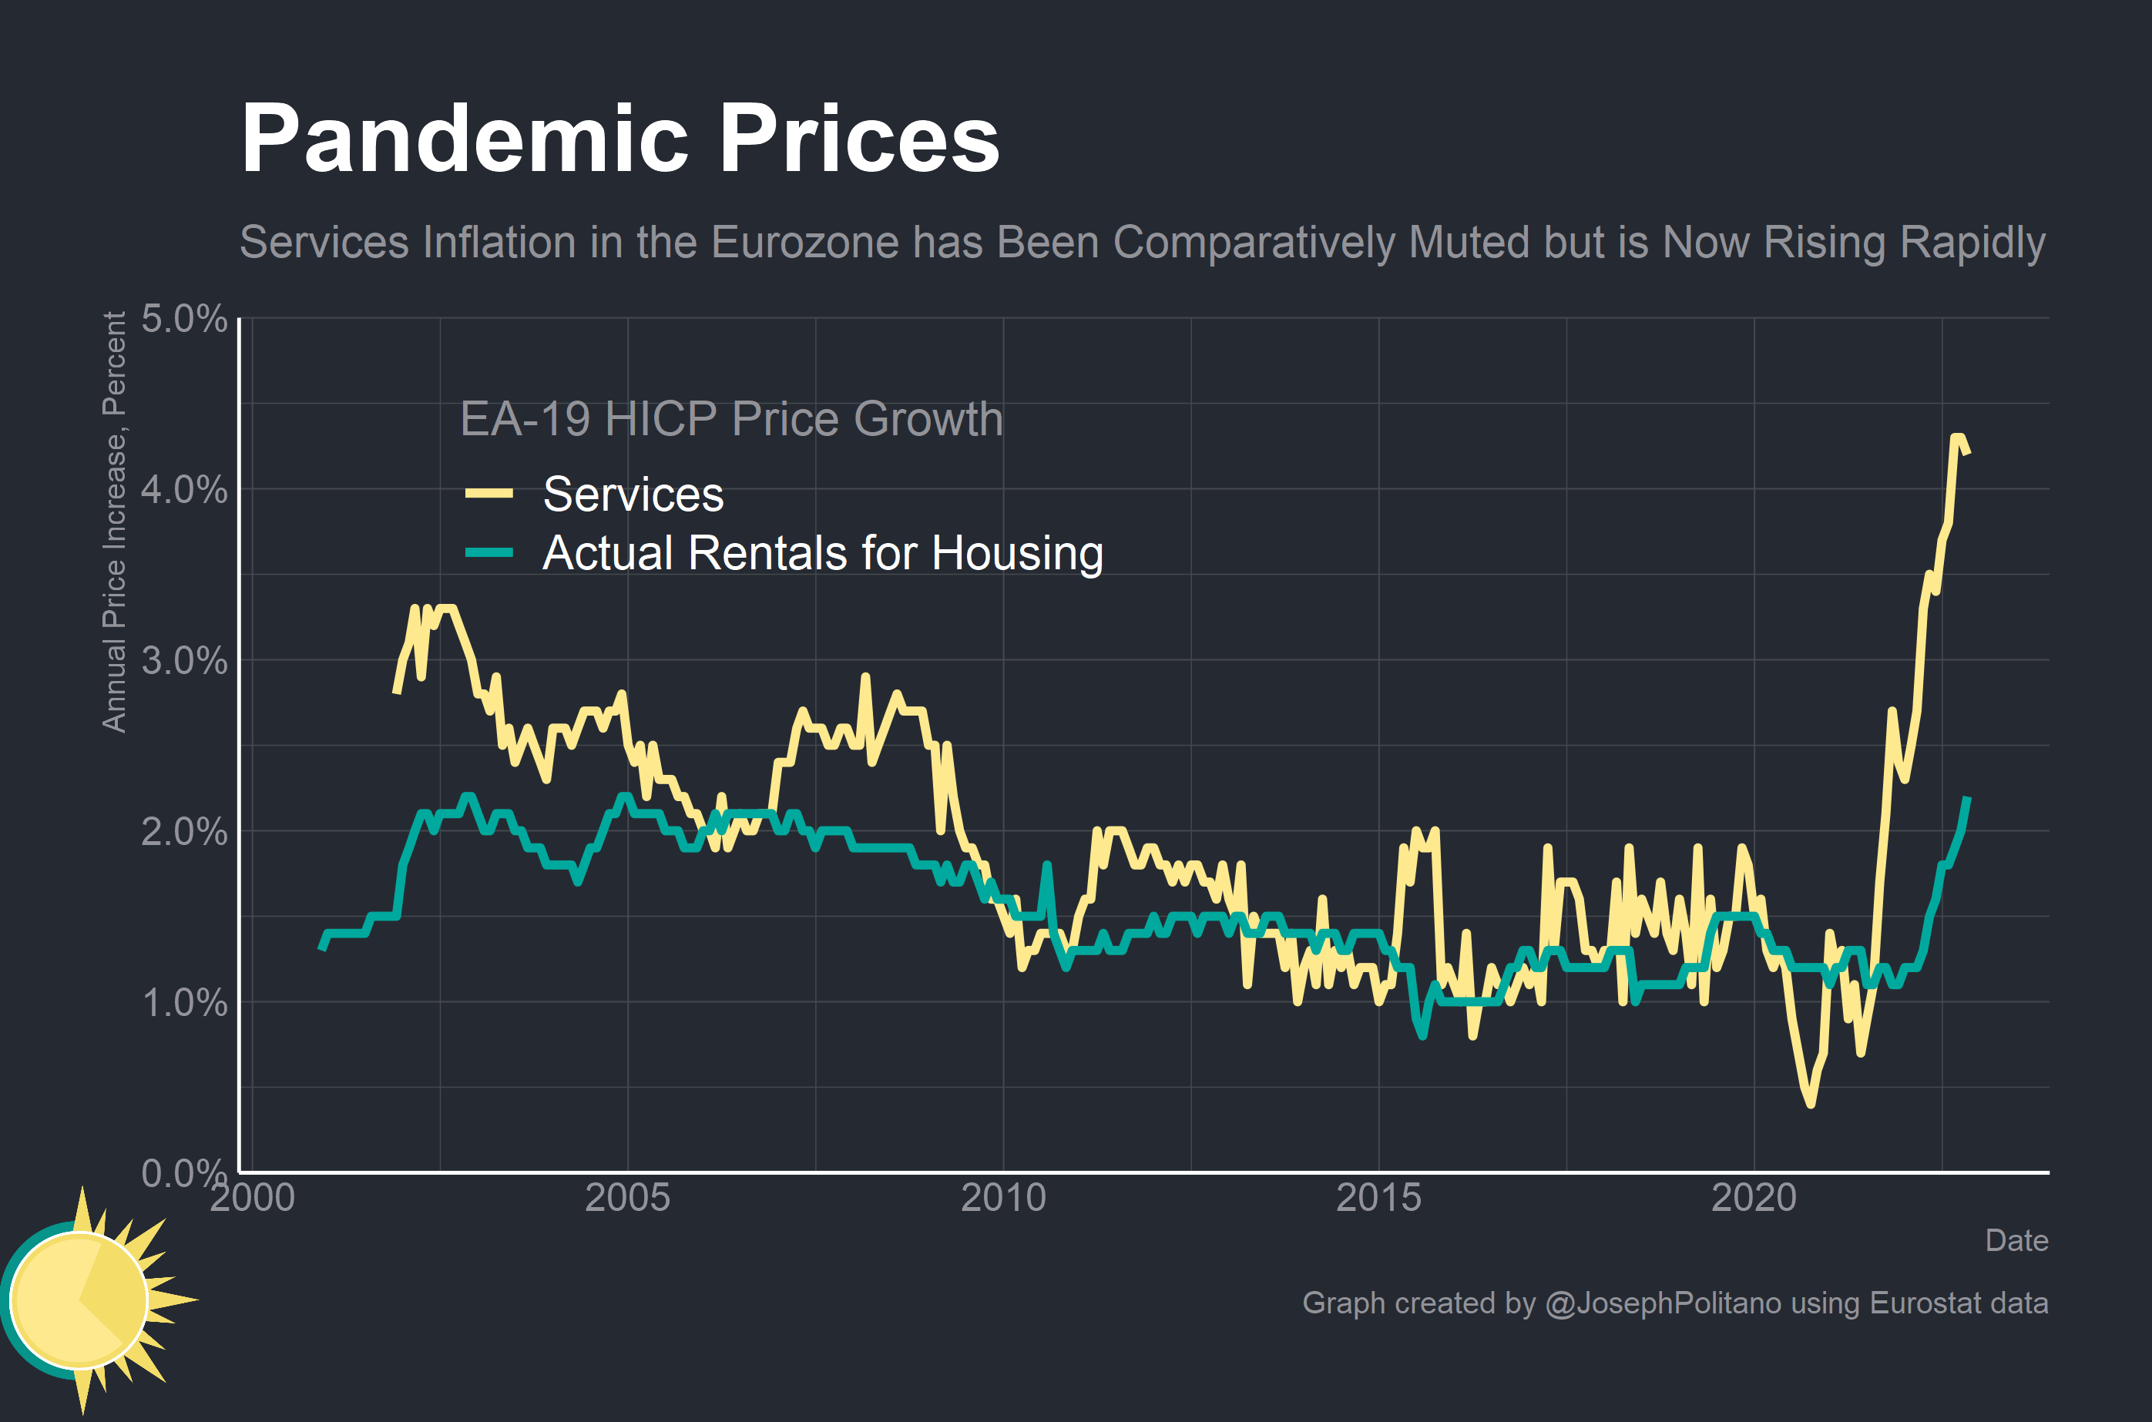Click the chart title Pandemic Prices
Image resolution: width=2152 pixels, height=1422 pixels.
point(619,139)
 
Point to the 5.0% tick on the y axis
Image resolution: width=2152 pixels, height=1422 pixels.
point(184,319)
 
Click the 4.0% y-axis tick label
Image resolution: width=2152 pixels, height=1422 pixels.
point(184,490)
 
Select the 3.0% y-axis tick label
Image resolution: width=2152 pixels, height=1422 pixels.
point(184,660)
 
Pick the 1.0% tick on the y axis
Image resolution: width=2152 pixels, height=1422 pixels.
point(184,1003)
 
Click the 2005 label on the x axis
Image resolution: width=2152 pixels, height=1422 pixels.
point(627,1198)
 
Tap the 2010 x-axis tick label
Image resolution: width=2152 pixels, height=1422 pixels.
point(1003,1198)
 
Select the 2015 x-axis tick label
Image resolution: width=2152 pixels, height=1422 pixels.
point(1378,1198)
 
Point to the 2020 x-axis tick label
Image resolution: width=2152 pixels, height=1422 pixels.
point(1753,1198)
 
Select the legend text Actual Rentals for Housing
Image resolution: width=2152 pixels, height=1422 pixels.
point(823,552)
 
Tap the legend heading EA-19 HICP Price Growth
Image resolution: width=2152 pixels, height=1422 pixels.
point(731,419)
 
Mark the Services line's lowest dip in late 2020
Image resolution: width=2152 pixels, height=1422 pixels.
point(1811,1104)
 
